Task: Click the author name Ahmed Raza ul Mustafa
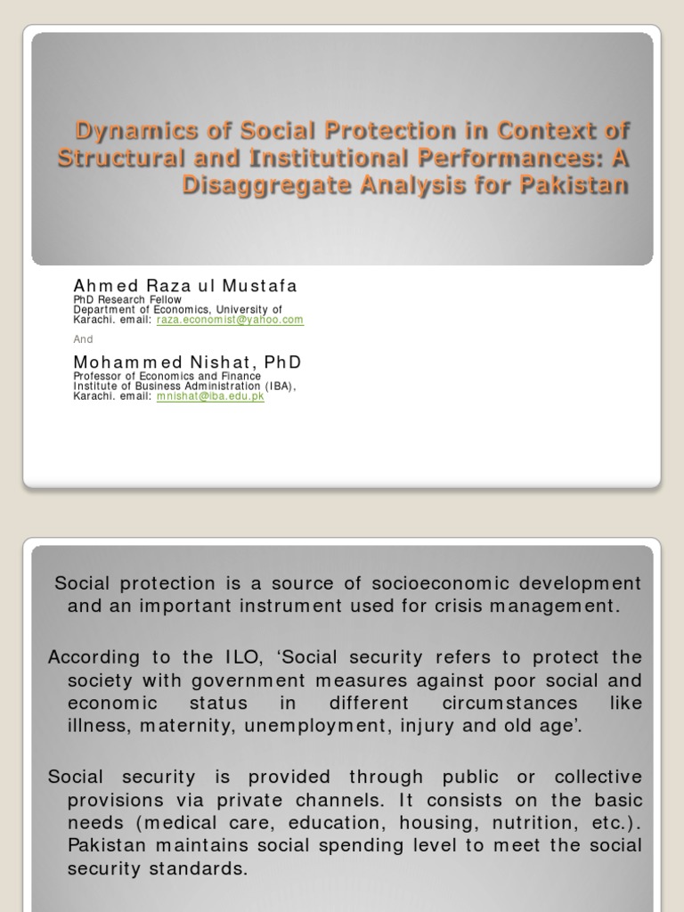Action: pos(185,286)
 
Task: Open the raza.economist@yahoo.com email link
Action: pos(230,320)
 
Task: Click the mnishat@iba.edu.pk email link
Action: pos(210,396)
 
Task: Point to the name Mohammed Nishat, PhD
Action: pos(187,362)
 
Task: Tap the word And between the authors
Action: pos(83,339)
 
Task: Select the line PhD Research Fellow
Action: pos(127,300)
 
